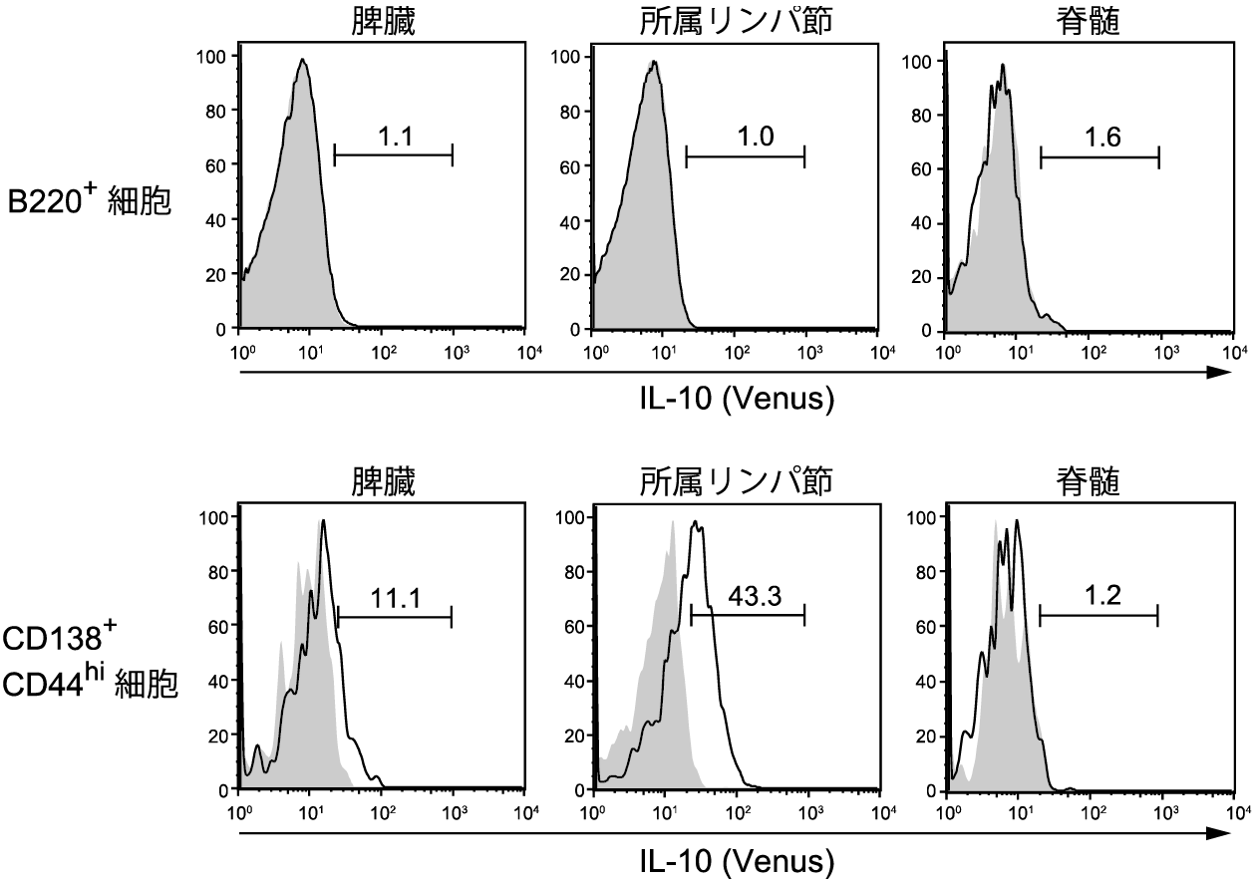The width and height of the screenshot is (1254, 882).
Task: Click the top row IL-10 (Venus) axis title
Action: pyautogui.click(x=736, y=400)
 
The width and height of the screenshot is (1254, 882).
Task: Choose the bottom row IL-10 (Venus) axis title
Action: pyautogui.click(x=736, y=859)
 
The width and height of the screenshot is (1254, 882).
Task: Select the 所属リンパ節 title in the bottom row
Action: pyautogui.click(x=736, y=482)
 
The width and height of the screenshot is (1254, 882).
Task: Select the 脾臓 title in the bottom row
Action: pyautogui.click(x=376, y=482)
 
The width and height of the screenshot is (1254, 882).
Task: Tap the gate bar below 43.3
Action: pyautogui.click(x=748, y=616)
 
